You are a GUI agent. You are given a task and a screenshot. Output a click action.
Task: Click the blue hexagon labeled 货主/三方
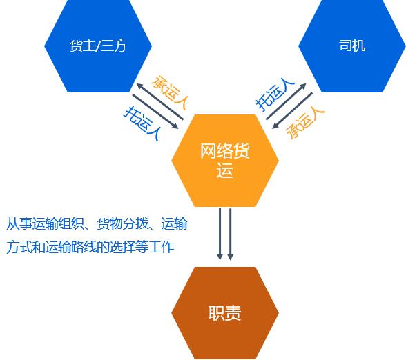pos(98,46)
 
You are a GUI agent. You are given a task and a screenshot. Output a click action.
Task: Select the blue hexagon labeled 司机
pos(352,46)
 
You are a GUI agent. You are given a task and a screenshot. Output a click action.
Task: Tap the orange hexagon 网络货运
pos(225,161)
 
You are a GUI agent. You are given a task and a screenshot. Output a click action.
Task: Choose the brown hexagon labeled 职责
pos(225,313)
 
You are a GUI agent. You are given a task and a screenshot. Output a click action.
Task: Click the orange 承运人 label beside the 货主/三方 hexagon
pos(169,92)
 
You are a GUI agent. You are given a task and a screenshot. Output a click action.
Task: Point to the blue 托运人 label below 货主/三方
pos(142,123)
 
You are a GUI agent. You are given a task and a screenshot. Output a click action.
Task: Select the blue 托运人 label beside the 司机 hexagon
pos(275,94)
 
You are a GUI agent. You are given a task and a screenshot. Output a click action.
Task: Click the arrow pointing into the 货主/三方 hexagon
pos(160,101)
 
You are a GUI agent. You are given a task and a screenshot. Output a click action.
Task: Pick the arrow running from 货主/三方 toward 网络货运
pos(155,112)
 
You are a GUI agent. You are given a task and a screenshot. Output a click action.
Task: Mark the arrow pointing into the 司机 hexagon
pos(286,101)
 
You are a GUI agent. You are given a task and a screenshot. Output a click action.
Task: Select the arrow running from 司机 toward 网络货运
pos(292,110)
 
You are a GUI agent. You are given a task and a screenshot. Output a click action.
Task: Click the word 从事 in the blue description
pos(19,223)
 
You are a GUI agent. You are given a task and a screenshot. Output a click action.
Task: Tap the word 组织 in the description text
pos(70,223)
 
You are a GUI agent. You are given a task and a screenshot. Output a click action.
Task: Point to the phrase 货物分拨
pos(122,223)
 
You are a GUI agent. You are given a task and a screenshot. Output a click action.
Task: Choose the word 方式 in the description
pos(19,247)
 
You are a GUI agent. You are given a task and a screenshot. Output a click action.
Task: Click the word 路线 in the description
pos(84,247)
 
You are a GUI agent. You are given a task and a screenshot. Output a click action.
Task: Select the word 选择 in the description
pos(122,247)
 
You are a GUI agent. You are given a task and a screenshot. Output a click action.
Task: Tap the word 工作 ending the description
pos(161,247)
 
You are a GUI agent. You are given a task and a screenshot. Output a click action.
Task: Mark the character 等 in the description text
pos(142,247)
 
